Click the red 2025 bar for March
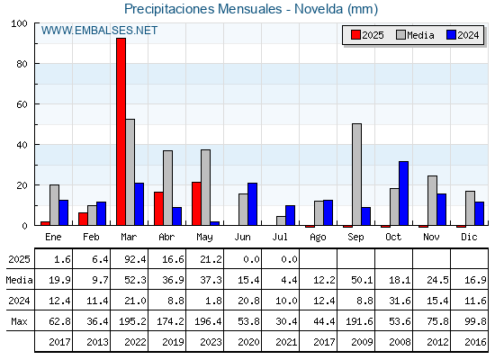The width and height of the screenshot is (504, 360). pyautogui.click(x=121, y=131)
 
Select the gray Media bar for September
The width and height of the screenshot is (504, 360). pyautogui.click(x=356, y=175)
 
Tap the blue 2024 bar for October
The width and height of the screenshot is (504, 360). pyautogui.click(x=404, y=193)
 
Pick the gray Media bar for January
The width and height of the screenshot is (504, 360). pyautogui.click(x=54, y=205)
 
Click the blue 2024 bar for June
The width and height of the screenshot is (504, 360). pyautogui.click(x=252, y=204)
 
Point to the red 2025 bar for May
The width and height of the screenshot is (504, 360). pyautogui.click(x=196, y=203)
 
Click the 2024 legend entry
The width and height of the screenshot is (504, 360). pyautogui.click(x=463, y=35)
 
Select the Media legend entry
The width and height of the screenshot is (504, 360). pyautogui.click(x=415, y=35)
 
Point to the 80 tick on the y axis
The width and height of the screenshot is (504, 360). pyautogui.click(x=22, y=64)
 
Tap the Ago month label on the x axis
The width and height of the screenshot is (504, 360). pyautogui.click(x=318, y=238)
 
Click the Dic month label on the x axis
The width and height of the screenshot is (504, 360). pyautogui.click(x=469, y=237)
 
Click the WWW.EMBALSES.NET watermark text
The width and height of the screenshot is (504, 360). pyautogui.click(x=99, y=31)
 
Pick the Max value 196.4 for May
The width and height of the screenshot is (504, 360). pyautogui.click(x=208, y=321)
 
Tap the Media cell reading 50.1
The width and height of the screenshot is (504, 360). pyautogui.click(x=362, y=280)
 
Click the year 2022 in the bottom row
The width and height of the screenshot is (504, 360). pyautogui.click(x=135, y=342)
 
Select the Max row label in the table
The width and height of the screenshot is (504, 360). pyautogui.click(x=19, y=321)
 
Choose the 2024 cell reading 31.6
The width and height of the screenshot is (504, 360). pyautogui.click(x=400, y=301)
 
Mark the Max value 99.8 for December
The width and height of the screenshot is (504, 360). pyautogui.click(x=475, y=321)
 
